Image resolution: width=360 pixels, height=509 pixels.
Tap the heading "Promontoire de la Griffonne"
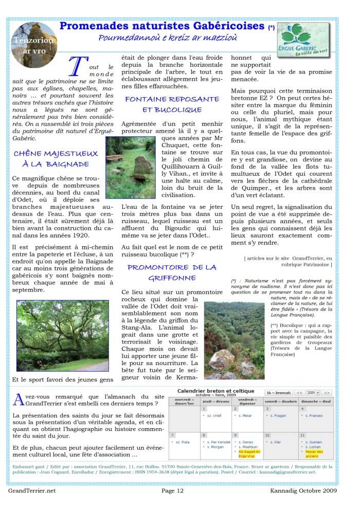coord(172,272)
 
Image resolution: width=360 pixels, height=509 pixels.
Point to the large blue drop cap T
coord(76,67)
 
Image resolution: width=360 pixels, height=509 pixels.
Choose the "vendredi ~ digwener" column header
coord(247,401)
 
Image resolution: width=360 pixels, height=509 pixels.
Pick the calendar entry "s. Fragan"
coord(277,415)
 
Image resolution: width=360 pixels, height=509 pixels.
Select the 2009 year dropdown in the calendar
coord(314,392)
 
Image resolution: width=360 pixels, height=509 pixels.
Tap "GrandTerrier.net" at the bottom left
coord(32,491)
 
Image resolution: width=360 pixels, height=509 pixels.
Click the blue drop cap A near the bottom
coord(19,401)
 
